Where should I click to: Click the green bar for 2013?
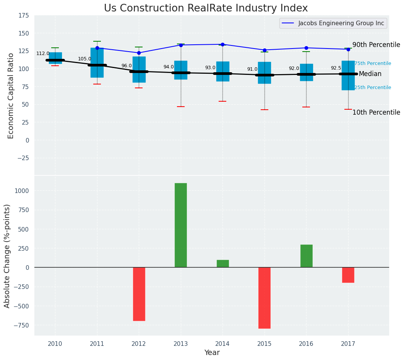(x=181, y=225)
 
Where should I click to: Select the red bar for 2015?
(x=264, y=298)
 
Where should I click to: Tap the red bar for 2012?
(x=139, y=294)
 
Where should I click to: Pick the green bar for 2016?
(x=306, y=256)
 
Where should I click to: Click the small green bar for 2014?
(x=222, y=264)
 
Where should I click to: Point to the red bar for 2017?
(x=348, y=275)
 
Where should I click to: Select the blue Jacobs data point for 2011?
(x=97, y=48)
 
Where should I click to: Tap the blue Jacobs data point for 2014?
(x=222, y=44)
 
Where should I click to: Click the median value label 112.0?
(x=43, y=54)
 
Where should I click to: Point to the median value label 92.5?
(x=336, y=68)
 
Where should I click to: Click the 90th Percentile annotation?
(x=376, y=45)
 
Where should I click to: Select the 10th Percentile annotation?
(x=376, y=113)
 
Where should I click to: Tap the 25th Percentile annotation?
(x=373, y=88)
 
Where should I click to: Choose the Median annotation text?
(x=370, y=74)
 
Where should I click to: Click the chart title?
(x=206, y=8)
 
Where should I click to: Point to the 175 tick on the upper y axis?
(x=23, y=16)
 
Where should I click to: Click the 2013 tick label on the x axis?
(x=181, y=344)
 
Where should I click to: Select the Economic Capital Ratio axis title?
(x=11, y=96)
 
